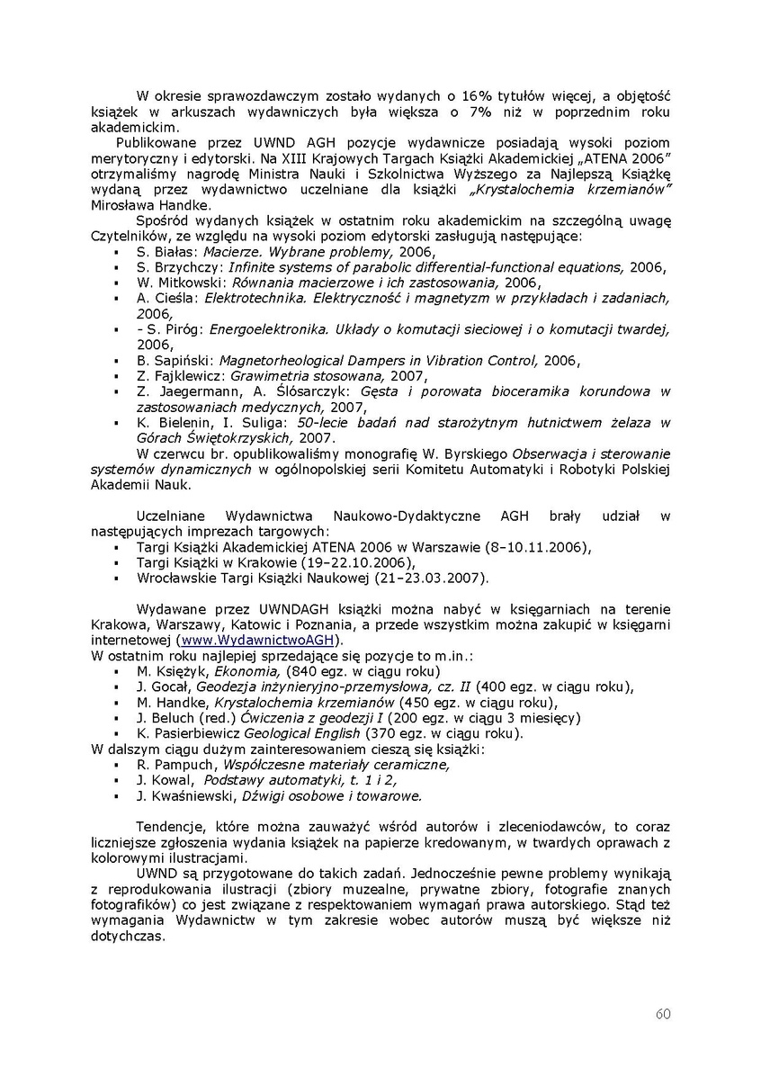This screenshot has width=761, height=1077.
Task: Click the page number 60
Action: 662,1014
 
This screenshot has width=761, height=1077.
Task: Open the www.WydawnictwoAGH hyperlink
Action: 257,640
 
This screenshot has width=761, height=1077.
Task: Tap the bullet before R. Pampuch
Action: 117,766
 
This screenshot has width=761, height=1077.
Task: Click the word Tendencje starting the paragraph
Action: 168,827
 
